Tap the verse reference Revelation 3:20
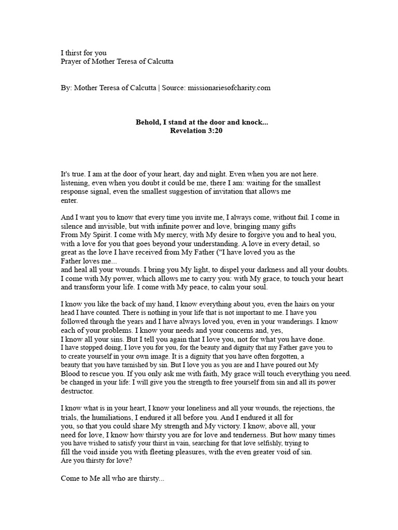tap(196, 131)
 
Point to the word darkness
tap(267, 270)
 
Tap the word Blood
tap(71, 374)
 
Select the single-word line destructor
tap(78, 391)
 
